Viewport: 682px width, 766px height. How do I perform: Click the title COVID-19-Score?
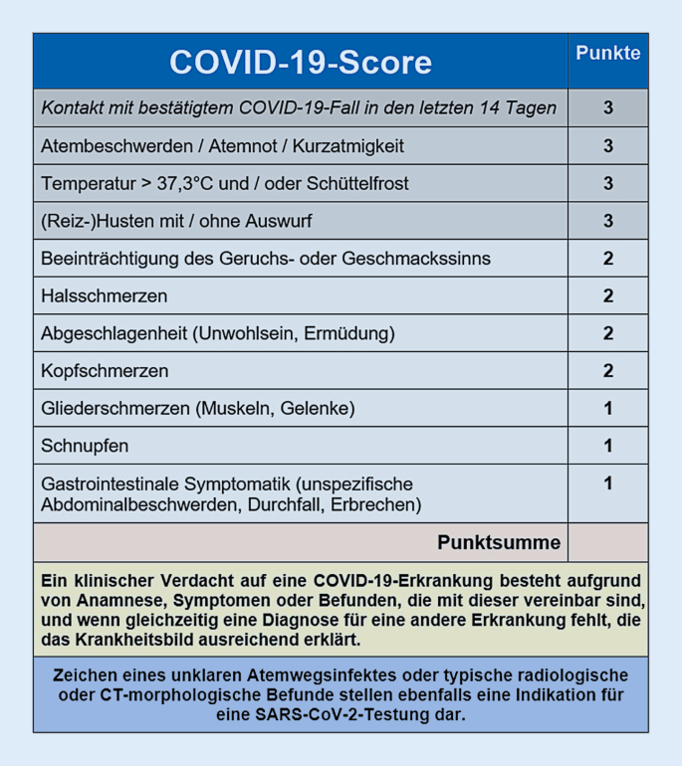(300, 62)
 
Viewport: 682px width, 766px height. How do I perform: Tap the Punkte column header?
(607, 54)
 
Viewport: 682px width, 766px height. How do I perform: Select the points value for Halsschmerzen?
(607, 296)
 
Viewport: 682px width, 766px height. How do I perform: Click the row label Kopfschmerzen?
(105, 371)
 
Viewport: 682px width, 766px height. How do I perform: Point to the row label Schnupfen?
(85, 446)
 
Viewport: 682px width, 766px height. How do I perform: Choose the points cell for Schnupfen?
(607, 446)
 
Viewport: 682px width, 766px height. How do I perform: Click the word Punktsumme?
(499, 543)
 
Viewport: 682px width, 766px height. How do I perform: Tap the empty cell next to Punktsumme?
(607, 543)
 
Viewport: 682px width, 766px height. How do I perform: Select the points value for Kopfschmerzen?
(607, 371)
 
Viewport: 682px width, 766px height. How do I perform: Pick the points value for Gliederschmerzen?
(607, 408)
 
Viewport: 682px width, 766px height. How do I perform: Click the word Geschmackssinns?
(428, 259)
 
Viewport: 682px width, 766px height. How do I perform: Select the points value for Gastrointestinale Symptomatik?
(607, 483)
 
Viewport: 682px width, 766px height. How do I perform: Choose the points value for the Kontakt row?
(607, 108)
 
